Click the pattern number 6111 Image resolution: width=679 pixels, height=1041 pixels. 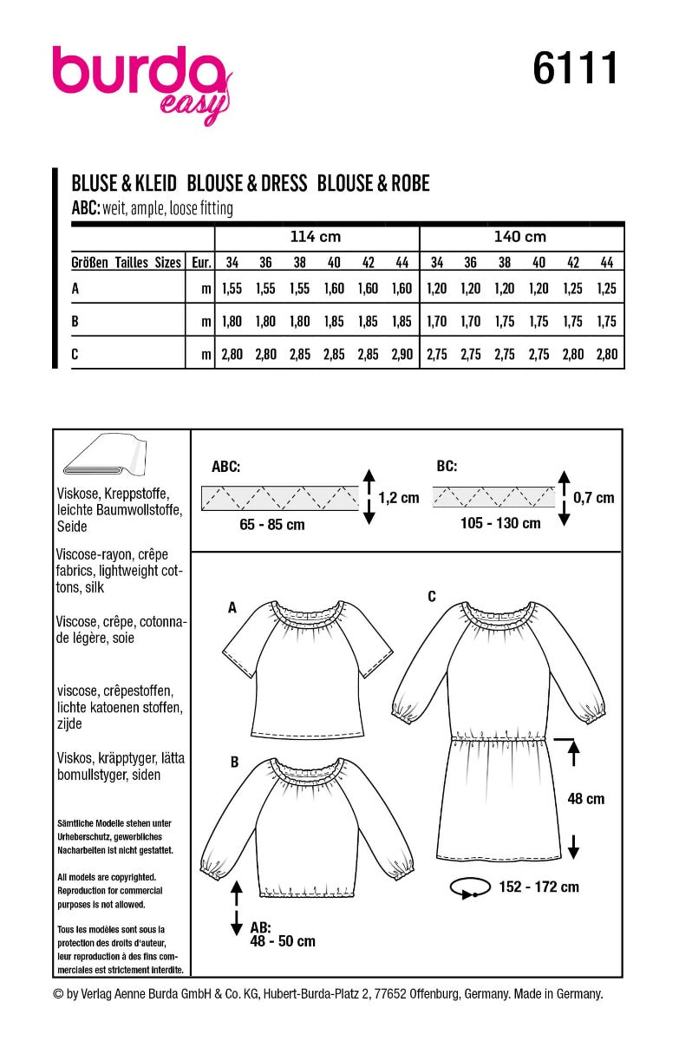[575, 67]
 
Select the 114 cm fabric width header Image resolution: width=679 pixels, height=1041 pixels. [317, 237]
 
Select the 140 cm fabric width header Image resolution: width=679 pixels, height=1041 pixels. [520, 237]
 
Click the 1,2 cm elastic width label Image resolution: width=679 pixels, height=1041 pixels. [399, 498]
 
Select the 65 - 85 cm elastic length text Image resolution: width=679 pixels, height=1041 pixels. [270, 525]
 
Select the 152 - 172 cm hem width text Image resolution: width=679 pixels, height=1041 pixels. [539, 887]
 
